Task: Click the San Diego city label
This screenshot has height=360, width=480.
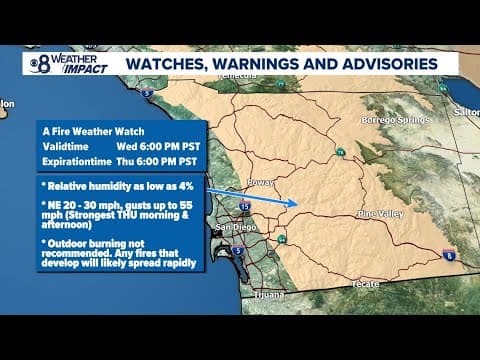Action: point(229,227)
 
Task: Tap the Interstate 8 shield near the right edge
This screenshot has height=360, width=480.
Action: point(448,253)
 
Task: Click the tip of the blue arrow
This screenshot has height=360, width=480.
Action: point(299,203)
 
